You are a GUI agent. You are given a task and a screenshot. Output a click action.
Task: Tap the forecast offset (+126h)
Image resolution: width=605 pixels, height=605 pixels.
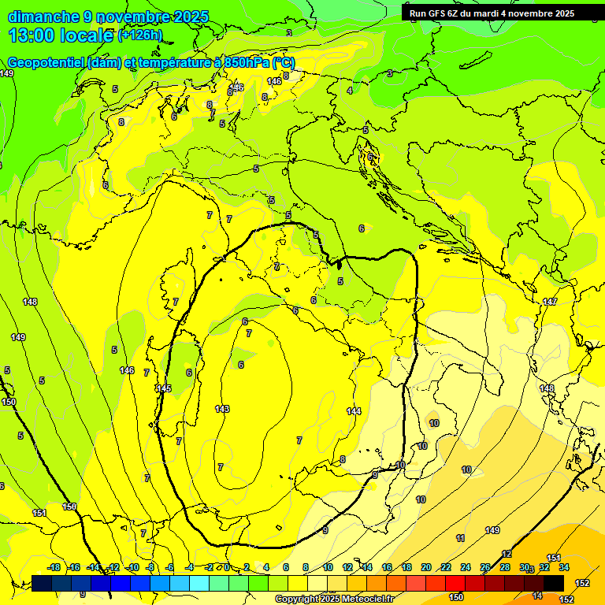(x=139, y=35)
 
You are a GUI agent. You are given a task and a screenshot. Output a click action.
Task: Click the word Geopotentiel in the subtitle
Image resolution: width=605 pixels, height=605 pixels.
(x=46, y=63)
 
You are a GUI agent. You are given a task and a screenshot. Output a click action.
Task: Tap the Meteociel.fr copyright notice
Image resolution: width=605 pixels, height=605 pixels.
(x=333, y=599)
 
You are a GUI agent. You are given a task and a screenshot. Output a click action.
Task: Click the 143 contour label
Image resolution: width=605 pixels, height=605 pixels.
(x=222, y=409)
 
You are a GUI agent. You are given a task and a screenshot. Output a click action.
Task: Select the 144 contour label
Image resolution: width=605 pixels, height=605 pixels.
(x=354, y=411)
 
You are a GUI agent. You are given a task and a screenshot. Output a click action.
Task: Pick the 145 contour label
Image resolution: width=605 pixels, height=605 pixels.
(x=164, y=388)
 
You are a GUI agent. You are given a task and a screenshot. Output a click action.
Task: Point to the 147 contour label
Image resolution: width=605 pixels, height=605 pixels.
(x=550, y=302)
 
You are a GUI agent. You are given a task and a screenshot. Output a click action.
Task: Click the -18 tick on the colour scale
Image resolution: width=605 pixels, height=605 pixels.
(x=54, y=567)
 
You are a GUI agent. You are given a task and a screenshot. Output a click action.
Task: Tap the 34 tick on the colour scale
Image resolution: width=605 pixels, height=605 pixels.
(x=564, y=567)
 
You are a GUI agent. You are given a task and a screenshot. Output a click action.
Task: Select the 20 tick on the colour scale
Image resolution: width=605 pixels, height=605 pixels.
(x=426, y=567)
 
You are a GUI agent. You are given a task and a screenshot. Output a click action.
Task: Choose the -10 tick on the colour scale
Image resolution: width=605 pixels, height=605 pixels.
(x=133, y=567)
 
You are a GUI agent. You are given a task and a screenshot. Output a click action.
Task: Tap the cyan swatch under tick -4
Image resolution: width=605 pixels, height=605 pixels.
(x=199, y=583)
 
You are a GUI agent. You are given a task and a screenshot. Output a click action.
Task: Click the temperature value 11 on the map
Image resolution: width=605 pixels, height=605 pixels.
(x=460, y=538)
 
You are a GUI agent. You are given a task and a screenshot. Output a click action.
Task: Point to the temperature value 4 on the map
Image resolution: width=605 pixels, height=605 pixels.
(x=350, y=91)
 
